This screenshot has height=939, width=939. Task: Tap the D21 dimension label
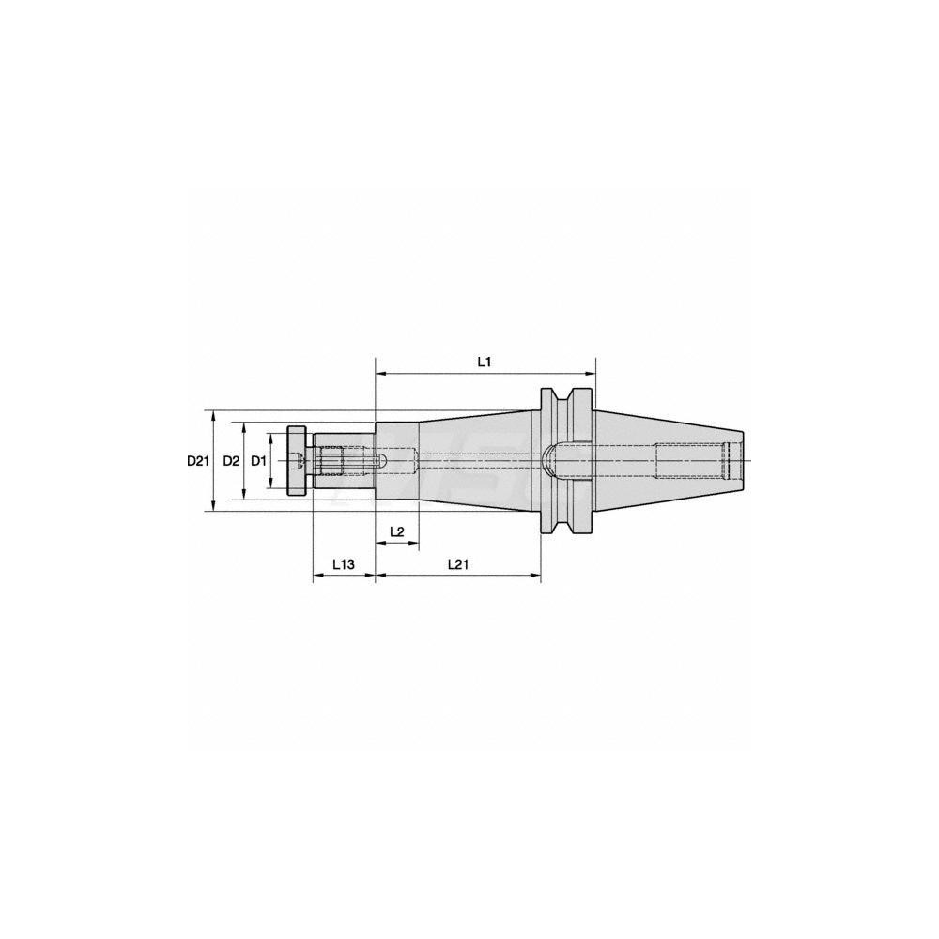click(x=197, y=461)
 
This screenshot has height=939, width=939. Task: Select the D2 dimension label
click(x=231, y=461)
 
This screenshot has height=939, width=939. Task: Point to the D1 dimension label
click(x=259, y=461)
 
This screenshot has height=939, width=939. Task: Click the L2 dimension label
click(x=396, y=531)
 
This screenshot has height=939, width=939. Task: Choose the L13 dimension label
click(x=343, y=564)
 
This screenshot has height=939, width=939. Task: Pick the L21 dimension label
click(x=457, y=564)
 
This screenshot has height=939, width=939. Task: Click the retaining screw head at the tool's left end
click(x=297, y=460)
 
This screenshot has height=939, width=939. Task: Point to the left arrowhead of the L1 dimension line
click(x=380, y=374)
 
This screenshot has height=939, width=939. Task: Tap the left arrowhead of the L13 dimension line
click(x=316, y=576)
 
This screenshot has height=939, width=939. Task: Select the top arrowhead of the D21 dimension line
click(x=214, y=415)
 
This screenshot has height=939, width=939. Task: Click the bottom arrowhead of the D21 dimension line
click(x=214, y=507)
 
